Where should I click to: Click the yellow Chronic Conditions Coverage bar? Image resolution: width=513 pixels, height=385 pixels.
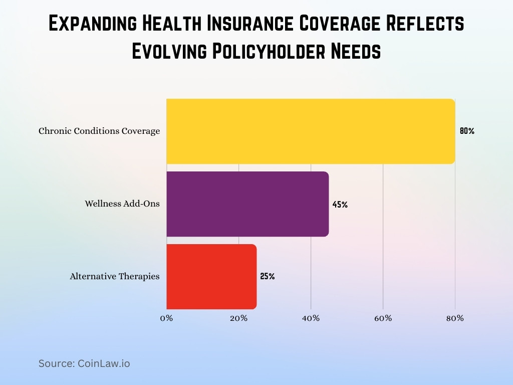311,131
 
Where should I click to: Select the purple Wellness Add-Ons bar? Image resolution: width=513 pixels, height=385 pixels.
247,204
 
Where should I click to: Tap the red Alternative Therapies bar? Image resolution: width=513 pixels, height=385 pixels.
211,276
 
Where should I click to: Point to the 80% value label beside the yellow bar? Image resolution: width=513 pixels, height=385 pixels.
467,131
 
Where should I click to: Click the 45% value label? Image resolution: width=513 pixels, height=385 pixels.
340,205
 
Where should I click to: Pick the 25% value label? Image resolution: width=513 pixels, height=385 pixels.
268,276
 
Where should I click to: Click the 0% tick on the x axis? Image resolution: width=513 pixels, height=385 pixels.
166,318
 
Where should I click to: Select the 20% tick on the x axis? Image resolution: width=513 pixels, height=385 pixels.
238,318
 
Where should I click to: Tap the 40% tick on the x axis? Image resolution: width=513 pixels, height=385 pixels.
311,318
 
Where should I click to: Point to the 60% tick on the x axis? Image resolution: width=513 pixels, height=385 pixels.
383,318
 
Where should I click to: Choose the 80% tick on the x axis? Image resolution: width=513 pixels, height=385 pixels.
455,318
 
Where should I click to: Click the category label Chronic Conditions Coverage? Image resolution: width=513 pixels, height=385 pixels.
99,131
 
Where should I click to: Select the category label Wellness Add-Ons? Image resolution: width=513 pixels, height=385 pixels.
122,204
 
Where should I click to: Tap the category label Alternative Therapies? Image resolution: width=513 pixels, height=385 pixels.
115,276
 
